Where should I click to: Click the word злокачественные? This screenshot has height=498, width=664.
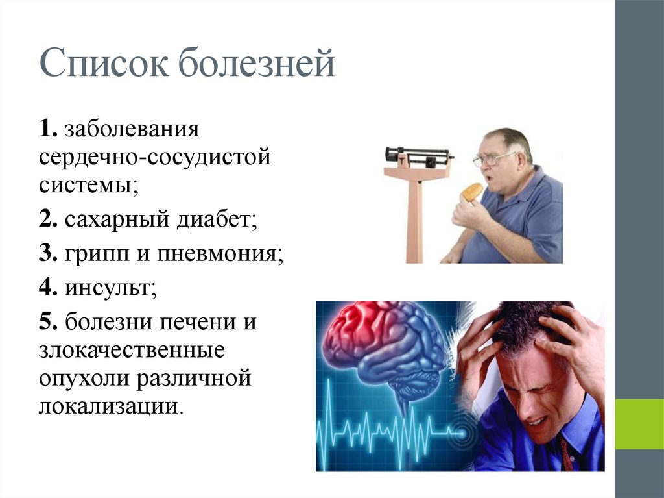[x=132, y=351]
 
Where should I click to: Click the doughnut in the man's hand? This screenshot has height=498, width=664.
[x=471, y=192]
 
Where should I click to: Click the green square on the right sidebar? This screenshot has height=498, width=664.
[x=639, y=423]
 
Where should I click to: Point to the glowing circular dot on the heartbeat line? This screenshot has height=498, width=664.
[x=462, y=429]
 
